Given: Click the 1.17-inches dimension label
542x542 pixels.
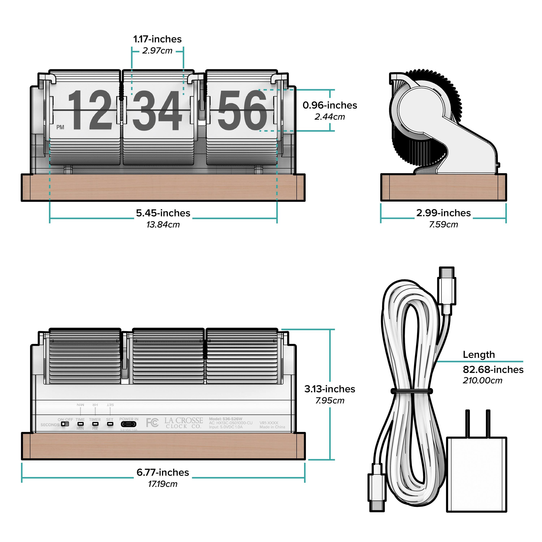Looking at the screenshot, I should [x=157, y=39].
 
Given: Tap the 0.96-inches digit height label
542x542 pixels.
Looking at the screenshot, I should [x=330, y=105].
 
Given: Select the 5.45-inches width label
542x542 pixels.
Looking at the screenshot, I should [x=163, y=213].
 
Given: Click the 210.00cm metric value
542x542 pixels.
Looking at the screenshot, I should [x=482, y=380].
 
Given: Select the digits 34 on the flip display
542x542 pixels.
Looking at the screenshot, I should [x=157, y=111].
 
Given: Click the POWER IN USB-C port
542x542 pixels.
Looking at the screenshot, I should [x=129, y=424].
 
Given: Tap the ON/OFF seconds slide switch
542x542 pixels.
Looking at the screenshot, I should [x=65, y=423].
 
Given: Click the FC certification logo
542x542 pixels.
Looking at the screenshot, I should [x=152, y=423].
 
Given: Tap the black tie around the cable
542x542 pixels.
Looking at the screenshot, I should [x=412, y=390].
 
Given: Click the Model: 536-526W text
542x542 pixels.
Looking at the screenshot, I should [x=225, y=419].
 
